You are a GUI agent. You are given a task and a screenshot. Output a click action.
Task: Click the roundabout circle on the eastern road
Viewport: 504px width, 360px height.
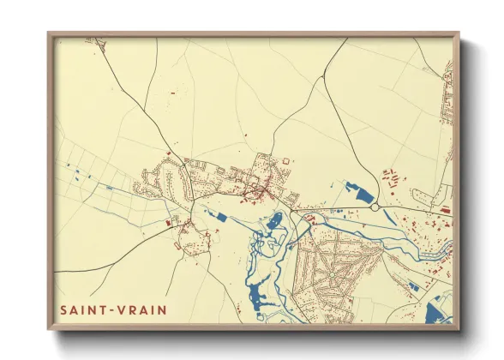coord(375,207)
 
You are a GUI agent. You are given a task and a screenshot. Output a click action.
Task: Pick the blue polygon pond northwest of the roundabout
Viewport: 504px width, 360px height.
coord(353,189)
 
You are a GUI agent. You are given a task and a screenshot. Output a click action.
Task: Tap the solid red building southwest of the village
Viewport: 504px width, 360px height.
coord(167,223)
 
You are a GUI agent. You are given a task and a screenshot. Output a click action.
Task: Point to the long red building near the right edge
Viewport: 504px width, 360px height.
coord(444,208)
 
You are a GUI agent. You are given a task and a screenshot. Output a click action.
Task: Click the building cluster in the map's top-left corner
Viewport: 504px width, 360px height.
coord(89,40)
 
